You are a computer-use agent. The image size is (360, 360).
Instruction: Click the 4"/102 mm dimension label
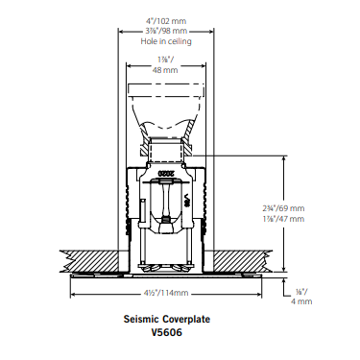click(166, 21)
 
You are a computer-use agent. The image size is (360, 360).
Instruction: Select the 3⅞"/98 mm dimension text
click(166, 31)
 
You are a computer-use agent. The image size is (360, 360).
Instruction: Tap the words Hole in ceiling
click(166, 41)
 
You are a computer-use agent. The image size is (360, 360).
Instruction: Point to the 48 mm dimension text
click(165, 70)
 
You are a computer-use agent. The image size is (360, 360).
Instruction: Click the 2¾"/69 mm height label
click(283, 208)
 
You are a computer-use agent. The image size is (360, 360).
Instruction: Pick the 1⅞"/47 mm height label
click(283, 219)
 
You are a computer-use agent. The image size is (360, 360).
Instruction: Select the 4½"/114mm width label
click(166, 293)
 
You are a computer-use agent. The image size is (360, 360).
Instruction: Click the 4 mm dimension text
click(301, 301)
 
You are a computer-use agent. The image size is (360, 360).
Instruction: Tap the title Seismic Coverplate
click(167, 319)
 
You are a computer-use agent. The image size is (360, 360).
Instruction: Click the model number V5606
click(167, 332)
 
